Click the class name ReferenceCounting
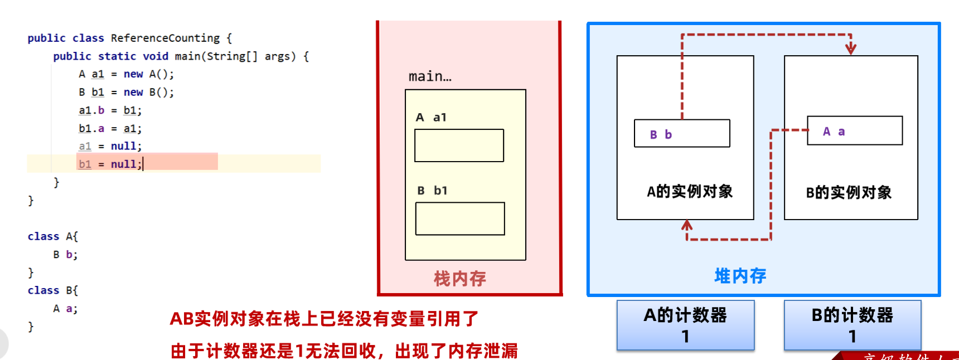pyautogui.click(x=165, y=38)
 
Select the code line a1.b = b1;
pyautogui.click(x=110, y=110)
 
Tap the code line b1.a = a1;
pyautogui.click(x=110, y=129)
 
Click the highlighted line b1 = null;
pyautogui.click(x=110, y=164)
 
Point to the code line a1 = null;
pyautogui.click(x=110, y=146)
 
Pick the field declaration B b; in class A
pyautogui.click(x=65, y=255)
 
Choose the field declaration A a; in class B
pyautogui.click(x=65, y=309)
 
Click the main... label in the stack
pyautogui.click(x=430, y=76)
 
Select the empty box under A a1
pyautogui.click(x=459, y=145)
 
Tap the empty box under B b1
pyautogui.click(x=460, y=218)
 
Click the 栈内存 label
pyautogui.click(x=460, y=278)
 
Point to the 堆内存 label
pyautogui.click(x=740, y=275)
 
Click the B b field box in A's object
pyautogui.click(x=682, y=134)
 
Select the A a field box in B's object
pyautogui.click(x=855, y=131)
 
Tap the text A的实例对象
pyautogui.click(x=690, y=192)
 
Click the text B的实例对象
pyautogui.click(x=849, y=193)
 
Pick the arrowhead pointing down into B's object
pyautogui.click(x=851, y=49)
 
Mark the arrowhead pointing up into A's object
pyautogui.click(x=687, y=225)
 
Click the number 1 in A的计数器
pyautogui.click(x=685, y=337)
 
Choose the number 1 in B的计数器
pyautogui.click(x=852, y=337)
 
